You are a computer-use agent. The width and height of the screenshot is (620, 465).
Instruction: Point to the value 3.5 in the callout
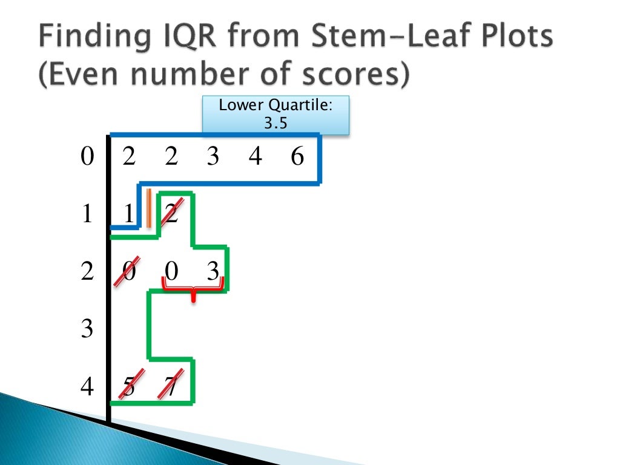(x=275, y=124)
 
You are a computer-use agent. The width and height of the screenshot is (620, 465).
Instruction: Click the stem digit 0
(x=87, y=157)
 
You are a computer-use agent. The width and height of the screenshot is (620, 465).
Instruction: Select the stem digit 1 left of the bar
(x=87, y=214)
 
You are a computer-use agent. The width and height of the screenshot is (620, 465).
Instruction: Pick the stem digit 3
(x=87, y=329)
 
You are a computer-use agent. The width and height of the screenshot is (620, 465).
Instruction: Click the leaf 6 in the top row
(x=297, y=157)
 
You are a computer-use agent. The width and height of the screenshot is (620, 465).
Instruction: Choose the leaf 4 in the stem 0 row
(x=255, y=157)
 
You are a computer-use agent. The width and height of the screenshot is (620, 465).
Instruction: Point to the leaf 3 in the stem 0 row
(x=213, y=157)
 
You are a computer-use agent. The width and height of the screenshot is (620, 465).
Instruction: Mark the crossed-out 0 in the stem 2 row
(x=129, y=272)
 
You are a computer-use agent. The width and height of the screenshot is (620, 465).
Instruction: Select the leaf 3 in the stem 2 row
(x=213, y=272)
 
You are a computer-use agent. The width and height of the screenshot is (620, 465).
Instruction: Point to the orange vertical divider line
(x=149, y=207)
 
